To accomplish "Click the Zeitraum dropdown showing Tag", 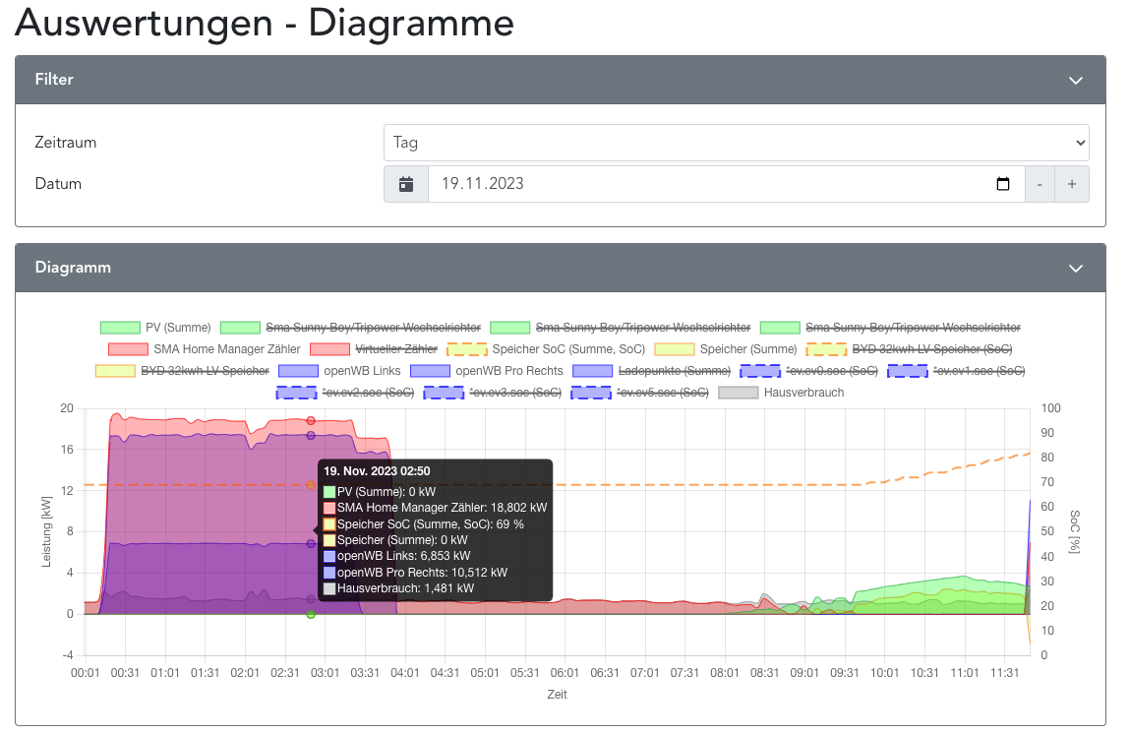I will pyautogui.click(x=736, y=143).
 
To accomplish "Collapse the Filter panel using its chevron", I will pyautogui.click(x=1076, y=81).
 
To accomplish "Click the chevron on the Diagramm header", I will pyautogui.click(x=1076, y=269).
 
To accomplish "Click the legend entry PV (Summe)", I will pyautogui.click(x=155, y=327).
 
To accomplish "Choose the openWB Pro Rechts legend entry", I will pyautogui.click(x=486, y=371).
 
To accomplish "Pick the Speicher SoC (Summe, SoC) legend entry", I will pyautogui.click(x=545, y=348).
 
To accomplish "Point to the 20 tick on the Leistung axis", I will pyautogui.click(x=66, y=408).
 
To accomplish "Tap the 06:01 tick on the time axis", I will pyautogui.click(x=565, y=673).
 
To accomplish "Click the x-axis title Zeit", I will pyautogui.click(x=557, y=695).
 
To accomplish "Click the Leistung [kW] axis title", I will pyautogui.click(x=46, y=531).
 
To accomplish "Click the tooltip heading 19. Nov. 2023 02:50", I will pyautogui.click(x=377, y=472).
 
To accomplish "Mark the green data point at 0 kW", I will pyautogui.click(x=311, y=614).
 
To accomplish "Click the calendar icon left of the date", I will pyautogui.click(x=406, y=184).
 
